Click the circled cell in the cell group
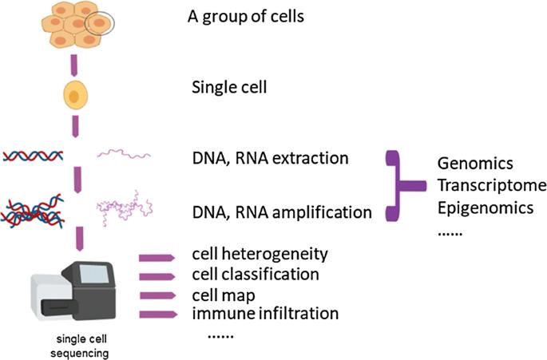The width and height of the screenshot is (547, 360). pyautogui.click(x=100, y=23)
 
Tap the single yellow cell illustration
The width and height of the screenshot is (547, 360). pyautogui.click(x=75, y=95)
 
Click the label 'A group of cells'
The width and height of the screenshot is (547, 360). pyautogui.click(x=246, y=17)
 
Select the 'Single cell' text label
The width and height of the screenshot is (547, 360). pyautogui.click(x=229, y=87)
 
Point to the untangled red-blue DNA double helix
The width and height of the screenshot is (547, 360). pyautogui.click(x=34, y=156)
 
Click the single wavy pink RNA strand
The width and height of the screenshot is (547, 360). pyautogui.click(x=124, y=153)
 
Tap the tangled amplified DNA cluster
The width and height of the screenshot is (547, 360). pyautogui.click(x=33, y=211)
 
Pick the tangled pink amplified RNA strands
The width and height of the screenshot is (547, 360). pyautogui.click(x=125, y=208)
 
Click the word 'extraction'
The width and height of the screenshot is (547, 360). pyautogui.click(x=310, y=158)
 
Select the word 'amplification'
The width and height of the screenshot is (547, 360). pyautogui.click(x=322, y=212)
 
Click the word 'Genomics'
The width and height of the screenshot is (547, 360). pyautogui.click(x=475, y=164)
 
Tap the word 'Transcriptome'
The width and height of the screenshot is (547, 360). pyautogui.click(x=492, y=185)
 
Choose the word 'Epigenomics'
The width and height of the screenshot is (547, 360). pyautogui.click(x=486, y=208)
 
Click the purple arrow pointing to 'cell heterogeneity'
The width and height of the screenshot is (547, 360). pyautogui.click(x=157, y=258)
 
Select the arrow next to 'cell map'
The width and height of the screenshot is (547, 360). pyautogui.click(x=157, y=296)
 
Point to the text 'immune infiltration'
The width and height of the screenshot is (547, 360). pyautogui.click(x=265, y=313)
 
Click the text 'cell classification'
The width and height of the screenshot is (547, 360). pyautogui.click(x=256, y=274)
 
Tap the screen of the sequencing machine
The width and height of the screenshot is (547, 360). pyautogui.click(x=94, y=274)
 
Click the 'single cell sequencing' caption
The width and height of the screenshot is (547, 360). pyautogui.click(x=80, y=346)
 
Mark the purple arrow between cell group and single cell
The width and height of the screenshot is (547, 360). pyautogui.click(x=74, y=65)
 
